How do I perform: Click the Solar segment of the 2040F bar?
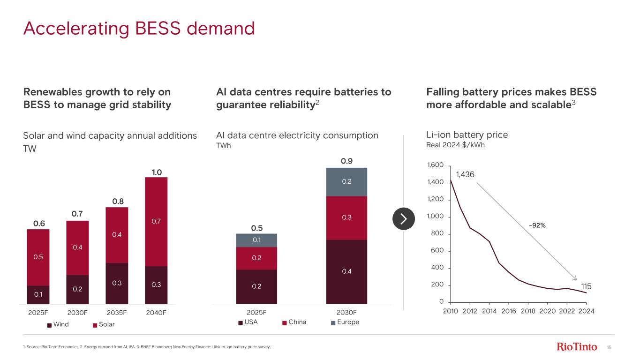(156, 221)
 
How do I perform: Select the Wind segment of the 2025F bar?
(38, 294)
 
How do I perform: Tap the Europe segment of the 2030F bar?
(346, 182)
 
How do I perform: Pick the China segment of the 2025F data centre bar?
(256, 258)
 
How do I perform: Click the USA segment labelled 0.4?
(346, 271)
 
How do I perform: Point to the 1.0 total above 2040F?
(156, 172)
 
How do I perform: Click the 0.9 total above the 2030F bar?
(346, 161)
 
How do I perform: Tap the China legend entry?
(296, 322)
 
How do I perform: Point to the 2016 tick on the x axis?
(509, 311)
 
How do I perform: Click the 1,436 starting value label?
(465, 174)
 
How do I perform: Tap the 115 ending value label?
(587, 286)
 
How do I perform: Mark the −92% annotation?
(537, 225)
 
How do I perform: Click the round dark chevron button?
(404, 219)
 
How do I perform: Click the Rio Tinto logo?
(577, 347)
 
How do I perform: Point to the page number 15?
(610, 347)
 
